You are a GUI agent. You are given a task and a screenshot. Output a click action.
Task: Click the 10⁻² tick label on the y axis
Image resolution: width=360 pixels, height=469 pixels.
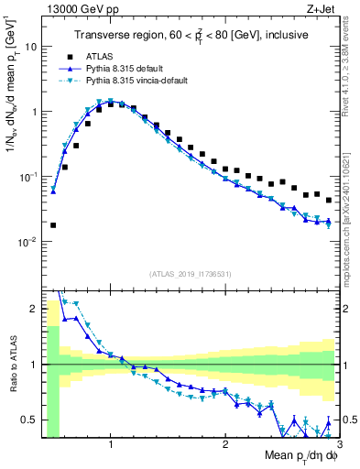(x=26, y=242)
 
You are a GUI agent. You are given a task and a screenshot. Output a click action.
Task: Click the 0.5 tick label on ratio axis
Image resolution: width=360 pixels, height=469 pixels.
(x=28, y=420)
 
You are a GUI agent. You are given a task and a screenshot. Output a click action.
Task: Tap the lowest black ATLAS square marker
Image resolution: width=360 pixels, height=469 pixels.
(x=53, y=224)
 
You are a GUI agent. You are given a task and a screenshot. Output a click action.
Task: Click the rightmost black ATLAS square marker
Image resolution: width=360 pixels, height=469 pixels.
(x=329, y=200)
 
